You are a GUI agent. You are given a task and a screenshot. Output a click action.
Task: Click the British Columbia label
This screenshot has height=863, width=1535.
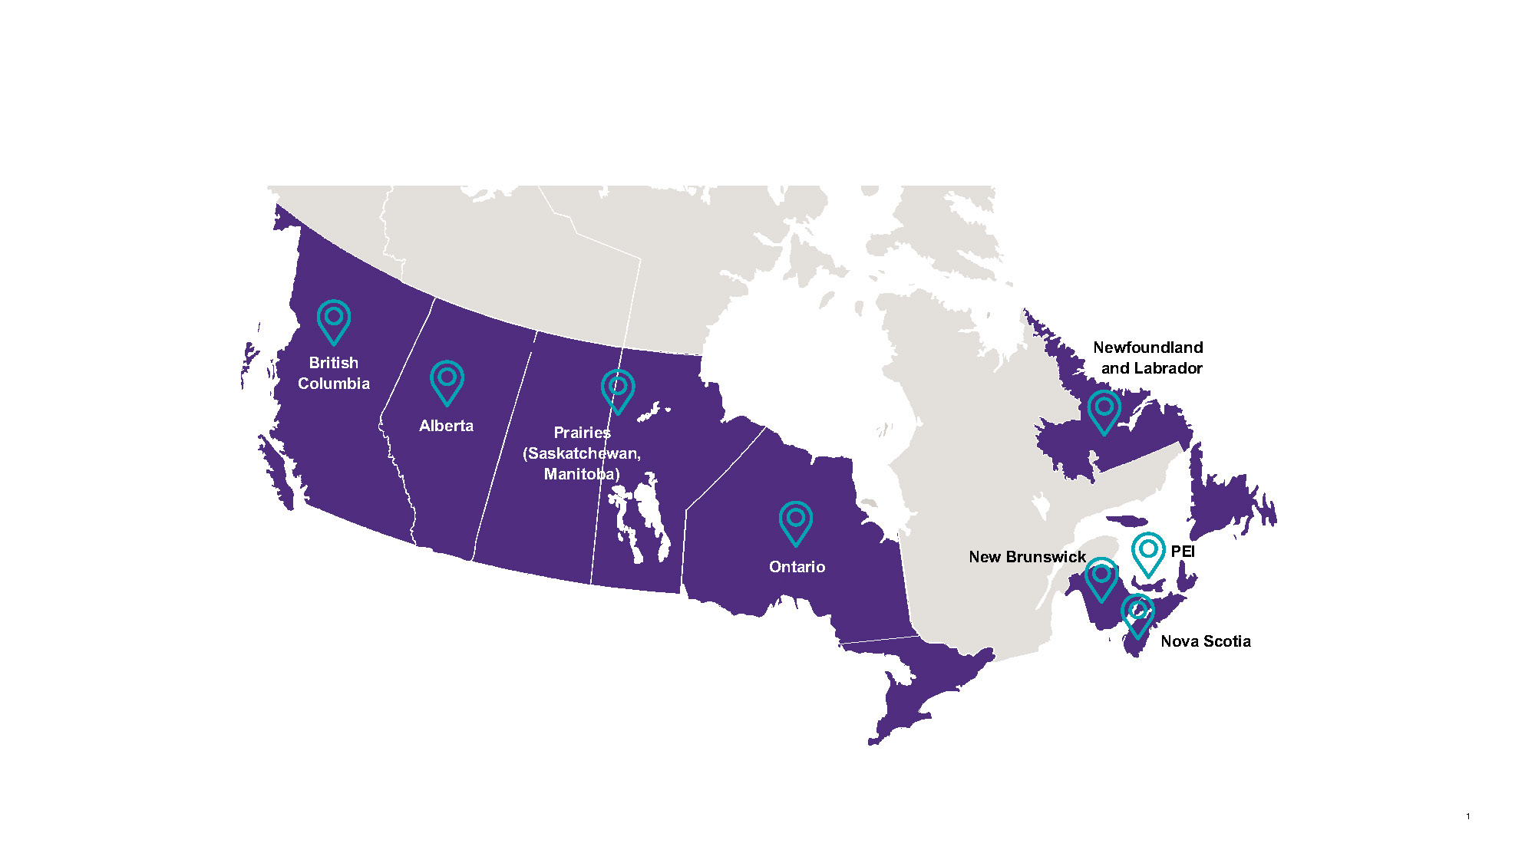click(333, 373)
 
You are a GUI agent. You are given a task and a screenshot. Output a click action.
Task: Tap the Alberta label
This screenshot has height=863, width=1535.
click(446, 426)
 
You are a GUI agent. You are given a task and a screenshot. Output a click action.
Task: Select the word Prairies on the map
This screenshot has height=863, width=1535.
click(582, 433)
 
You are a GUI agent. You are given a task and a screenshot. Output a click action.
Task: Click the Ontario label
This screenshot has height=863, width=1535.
click(797, 567)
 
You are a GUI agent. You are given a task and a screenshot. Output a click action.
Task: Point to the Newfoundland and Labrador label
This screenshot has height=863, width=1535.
click(1148, 357)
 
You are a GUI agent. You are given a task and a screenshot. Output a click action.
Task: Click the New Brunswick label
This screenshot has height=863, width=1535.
click(1027, 557)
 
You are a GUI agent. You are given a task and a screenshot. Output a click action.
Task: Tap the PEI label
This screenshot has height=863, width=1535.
click(1183, 552)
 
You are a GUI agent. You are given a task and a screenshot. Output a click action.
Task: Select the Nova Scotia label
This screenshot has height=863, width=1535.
click(1205, 641)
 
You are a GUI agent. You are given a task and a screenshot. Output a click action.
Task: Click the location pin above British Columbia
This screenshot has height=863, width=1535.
click(334, 321)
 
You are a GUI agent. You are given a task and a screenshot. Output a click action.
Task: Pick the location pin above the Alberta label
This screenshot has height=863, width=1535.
click(447, 381)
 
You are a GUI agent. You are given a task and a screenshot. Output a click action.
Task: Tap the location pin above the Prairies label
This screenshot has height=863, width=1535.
click(618, 390)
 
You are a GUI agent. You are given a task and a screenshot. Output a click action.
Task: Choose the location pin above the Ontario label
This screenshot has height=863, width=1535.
click(796, 522)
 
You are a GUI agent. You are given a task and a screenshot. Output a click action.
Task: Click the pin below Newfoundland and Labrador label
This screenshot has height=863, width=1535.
click(1104, 411)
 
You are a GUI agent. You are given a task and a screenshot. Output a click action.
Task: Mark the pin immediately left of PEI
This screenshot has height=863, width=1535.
click(1148, 553)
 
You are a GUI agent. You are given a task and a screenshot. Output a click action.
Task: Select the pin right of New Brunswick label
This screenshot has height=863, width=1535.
click(1101, 578)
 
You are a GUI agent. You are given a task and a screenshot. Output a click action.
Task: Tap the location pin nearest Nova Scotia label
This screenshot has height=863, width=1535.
click(1137, 614)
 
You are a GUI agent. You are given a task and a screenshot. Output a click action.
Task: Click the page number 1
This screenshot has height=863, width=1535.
click(1467, 816)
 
